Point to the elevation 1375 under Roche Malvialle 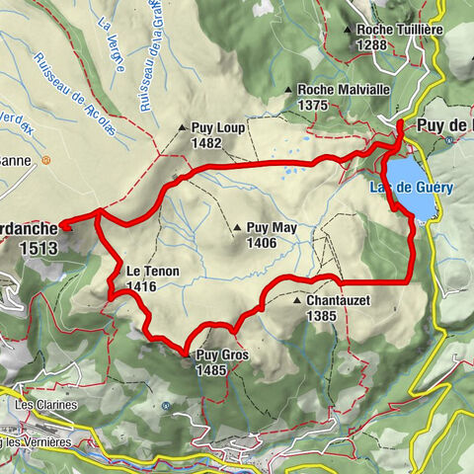click(315, 105)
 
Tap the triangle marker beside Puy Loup click(182, 127)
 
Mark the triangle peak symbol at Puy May click(238, 227)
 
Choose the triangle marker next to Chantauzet click(297, 300)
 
